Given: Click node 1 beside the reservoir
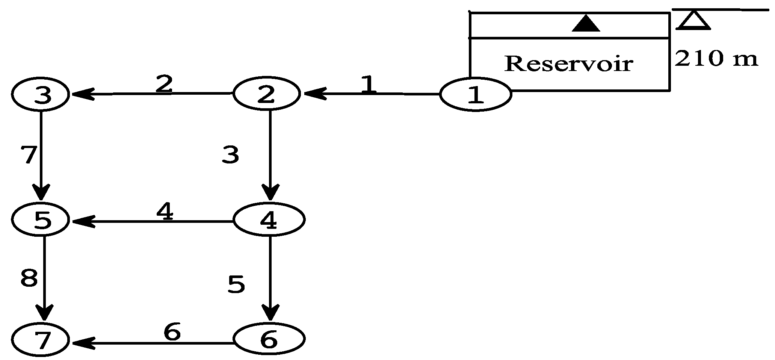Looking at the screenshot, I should click(475, 94).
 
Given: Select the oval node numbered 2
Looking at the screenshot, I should click(266, 94).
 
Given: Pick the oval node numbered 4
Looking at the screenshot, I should click(269, 220).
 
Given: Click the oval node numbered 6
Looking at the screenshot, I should click(269, 339).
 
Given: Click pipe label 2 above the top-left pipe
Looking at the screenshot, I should click(164, 84).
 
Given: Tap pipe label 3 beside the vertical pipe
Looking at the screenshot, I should click(230, 155).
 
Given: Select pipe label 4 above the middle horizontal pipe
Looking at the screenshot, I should click(165, 212).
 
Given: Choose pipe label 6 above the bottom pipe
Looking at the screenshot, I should click(172, 332).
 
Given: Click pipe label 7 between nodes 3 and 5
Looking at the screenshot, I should click(29, 155).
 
